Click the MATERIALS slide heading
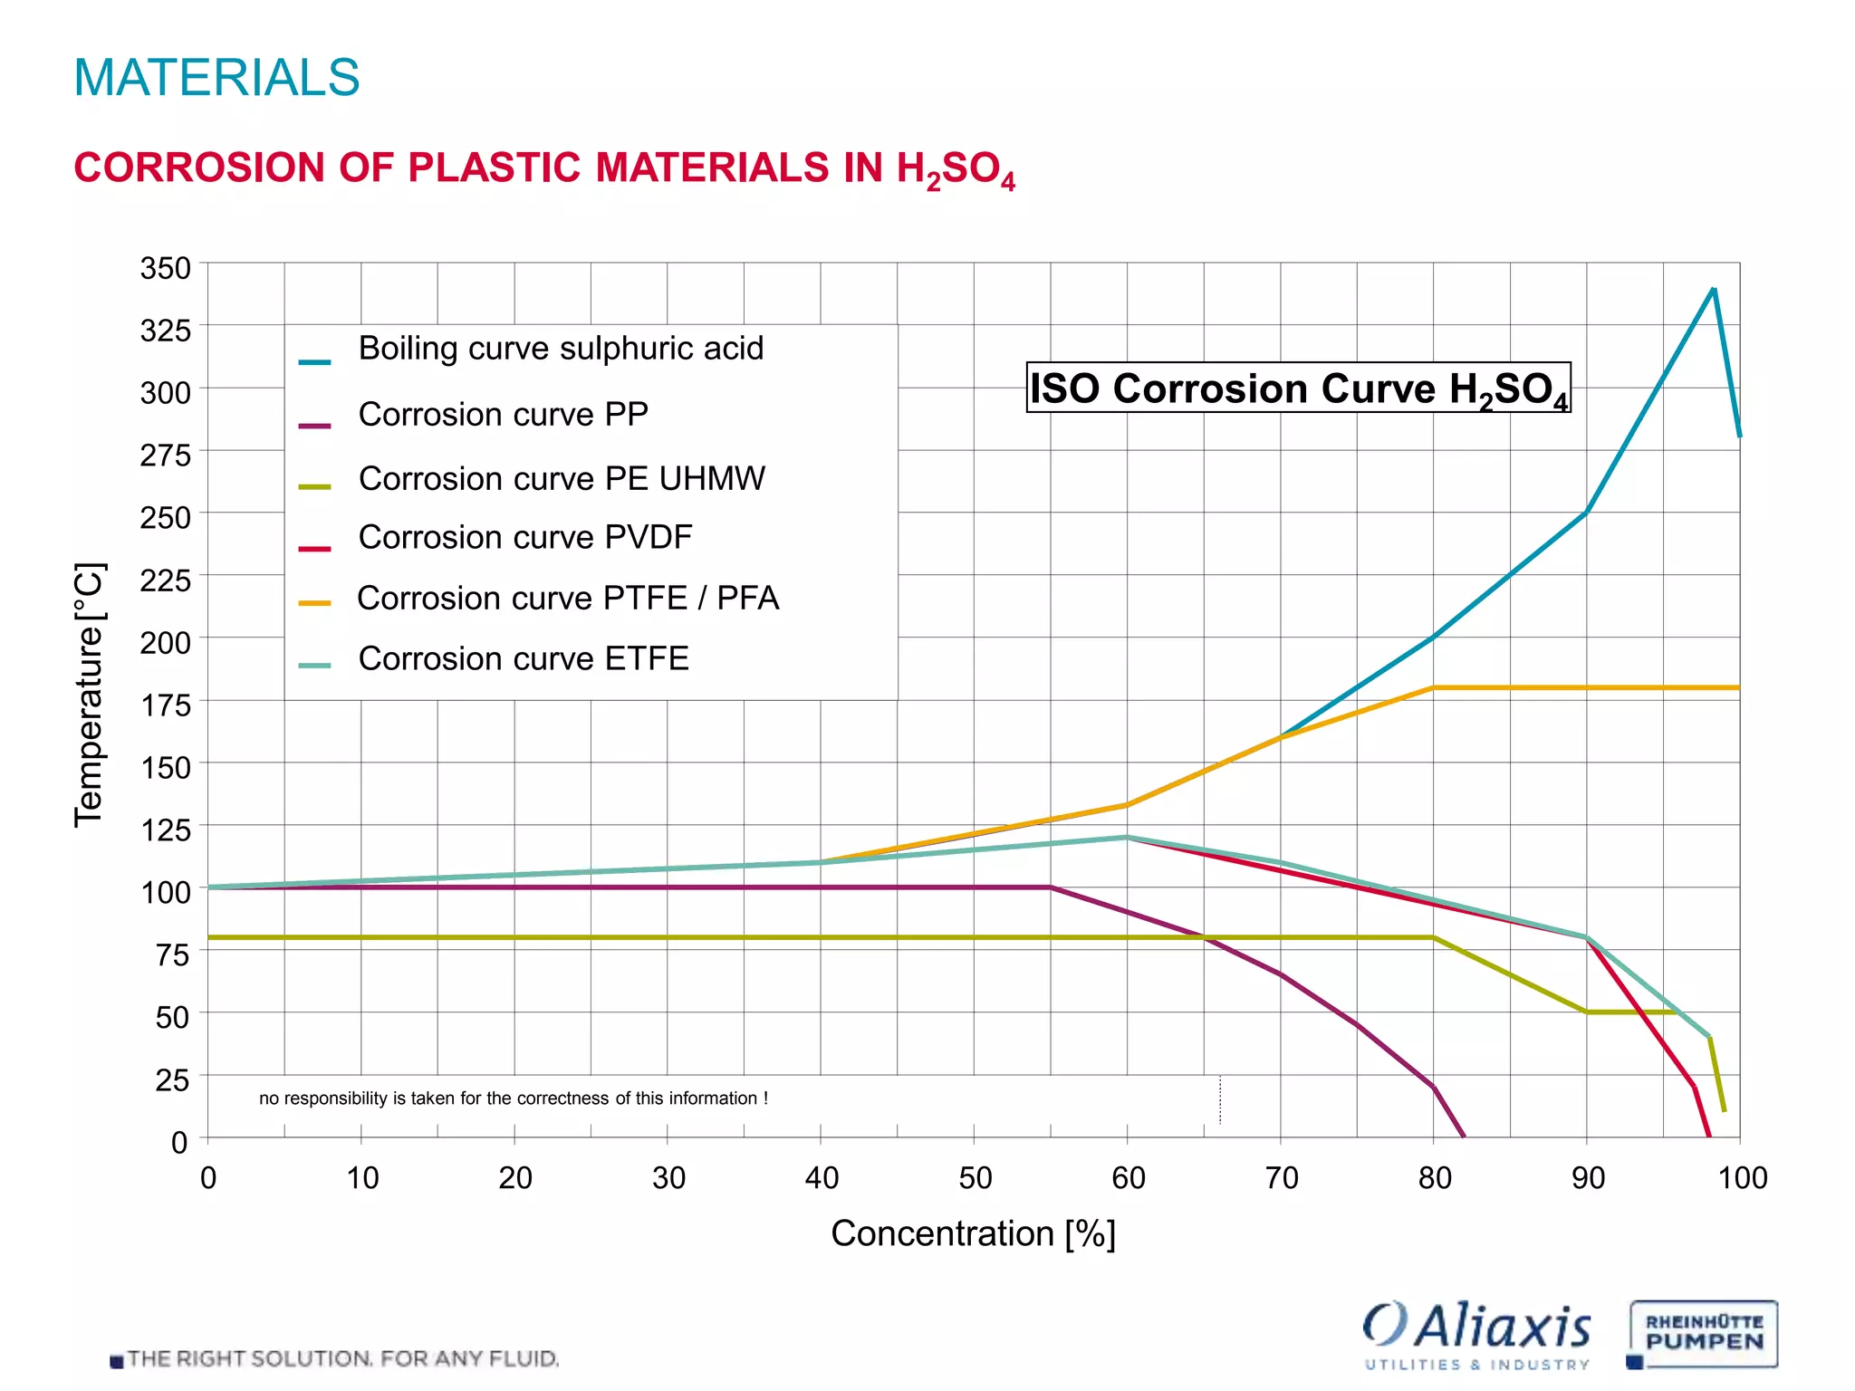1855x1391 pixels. pos(216,77)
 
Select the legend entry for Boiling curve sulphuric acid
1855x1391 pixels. pos(561,349)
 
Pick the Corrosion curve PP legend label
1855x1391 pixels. pos(503,415)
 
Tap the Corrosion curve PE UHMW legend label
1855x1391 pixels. pos(562,479)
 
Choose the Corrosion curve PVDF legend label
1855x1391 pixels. pos(525,538)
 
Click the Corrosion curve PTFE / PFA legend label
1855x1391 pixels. pos(568,599)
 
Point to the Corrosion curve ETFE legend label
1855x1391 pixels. pos(524,658)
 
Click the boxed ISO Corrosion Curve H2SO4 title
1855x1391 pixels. pos(1298,389)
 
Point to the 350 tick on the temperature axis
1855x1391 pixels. pos(166,269)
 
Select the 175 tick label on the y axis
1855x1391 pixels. pos(166,705)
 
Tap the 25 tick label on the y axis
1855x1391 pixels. pos(172,1080)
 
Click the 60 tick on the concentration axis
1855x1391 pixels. pos(1128,1178)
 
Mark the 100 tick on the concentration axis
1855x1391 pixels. pos(1742,1178)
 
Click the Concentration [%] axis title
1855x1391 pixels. pos(973,1233)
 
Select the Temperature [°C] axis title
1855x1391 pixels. pos(89,695)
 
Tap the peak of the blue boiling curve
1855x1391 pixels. pos(1714,289)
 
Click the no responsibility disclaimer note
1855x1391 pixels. pos(514,1098)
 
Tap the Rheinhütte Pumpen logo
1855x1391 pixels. pos(1703,1334)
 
